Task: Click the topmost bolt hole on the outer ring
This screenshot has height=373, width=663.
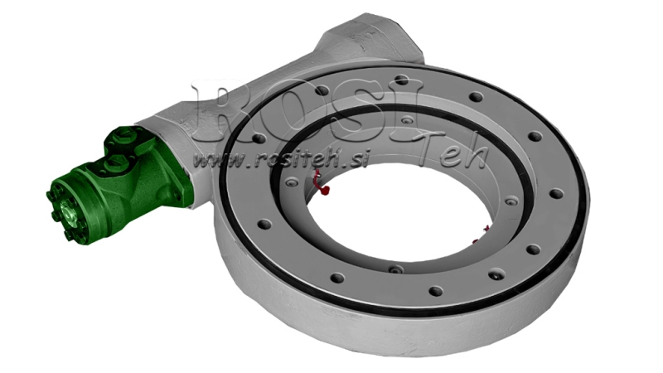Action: pyautogui.click(x=401, y=80)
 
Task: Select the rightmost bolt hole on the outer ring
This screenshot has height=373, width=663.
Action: pyautogui.click(x=556, y=193)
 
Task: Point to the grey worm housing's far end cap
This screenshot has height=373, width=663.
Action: pyautogui.click(x=373, y=37)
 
